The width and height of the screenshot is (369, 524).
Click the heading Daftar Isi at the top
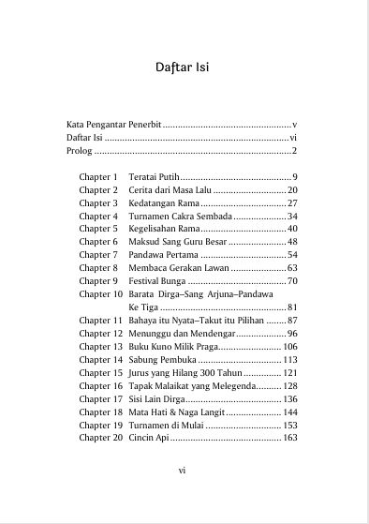(x=184, y=67)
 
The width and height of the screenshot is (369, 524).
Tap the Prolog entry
(x=80, y=151)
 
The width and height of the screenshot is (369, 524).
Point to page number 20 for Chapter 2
(x=292, y=190)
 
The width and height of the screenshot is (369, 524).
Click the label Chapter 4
(x=98, y=217)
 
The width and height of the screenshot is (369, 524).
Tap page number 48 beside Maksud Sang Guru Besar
(x=292, y=242)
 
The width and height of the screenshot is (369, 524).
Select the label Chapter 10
(x=100, y=294)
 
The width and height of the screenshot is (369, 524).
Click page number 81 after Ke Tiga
(x=292, y=307)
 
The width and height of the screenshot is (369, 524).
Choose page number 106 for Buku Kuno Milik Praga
(x=289, y=347)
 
